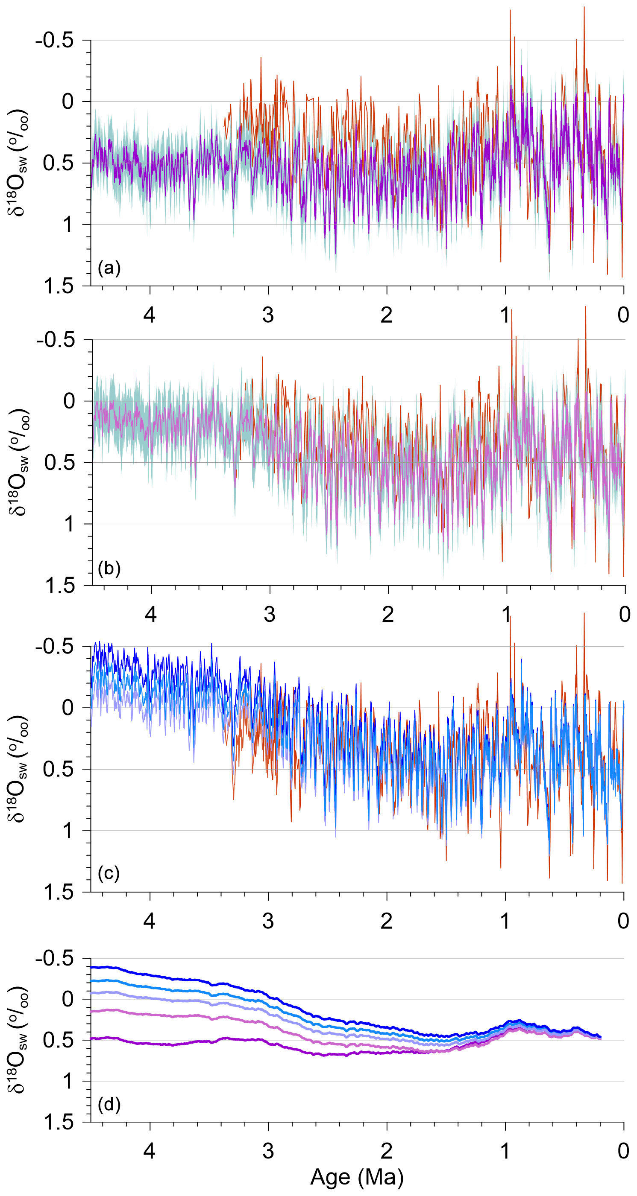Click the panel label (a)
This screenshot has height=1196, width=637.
pos(109,268)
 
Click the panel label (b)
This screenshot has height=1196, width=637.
pos(109,568)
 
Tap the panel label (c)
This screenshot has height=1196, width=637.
pos(109,873)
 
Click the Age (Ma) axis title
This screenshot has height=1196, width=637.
pos(357,1177)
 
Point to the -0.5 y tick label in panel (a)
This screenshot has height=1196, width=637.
pos(54,41)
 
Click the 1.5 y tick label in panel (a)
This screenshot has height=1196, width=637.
pos(59,286)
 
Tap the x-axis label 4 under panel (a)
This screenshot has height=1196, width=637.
pos(149,315)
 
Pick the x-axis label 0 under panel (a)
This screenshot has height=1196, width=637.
pos(623,315)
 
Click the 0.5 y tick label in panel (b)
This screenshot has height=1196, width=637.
pos(59,462)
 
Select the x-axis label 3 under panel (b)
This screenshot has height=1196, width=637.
pos(270,615)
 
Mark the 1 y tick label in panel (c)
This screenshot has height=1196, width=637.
pos(68,831)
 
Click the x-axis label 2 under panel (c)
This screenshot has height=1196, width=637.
pos(387,921)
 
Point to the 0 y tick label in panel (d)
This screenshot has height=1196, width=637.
pos(68,999)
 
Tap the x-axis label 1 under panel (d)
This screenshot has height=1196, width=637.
pos(505,1151)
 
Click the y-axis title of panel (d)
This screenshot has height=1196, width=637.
pos(18,1041)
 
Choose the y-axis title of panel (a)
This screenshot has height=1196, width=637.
pos(18,163)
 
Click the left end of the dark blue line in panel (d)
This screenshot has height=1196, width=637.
pos(92,968)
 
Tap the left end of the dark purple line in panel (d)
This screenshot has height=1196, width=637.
pos(92,1038)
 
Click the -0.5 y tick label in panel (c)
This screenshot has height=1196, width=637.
pos(54,646)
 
